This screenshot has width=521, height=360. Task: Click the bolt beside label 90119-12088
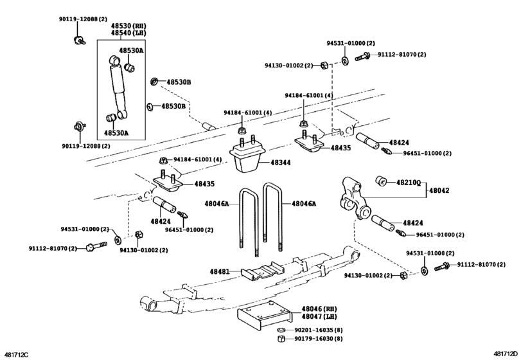76,40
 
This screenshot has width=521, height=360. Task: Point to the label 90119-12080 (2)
85,146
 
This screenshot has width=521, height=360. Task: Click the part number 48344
280,163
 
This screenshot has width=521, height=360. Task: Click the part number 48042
440,191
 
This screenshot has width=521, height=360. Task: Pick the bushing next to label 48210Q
381,178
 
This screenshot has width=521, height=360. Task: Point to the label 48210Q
407,183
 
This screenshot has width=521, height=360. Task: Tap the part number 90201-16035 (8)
319,329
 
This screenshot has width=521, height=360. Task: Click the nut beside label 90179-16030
281,339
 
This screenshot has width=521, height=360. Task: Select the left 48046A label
217,203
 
